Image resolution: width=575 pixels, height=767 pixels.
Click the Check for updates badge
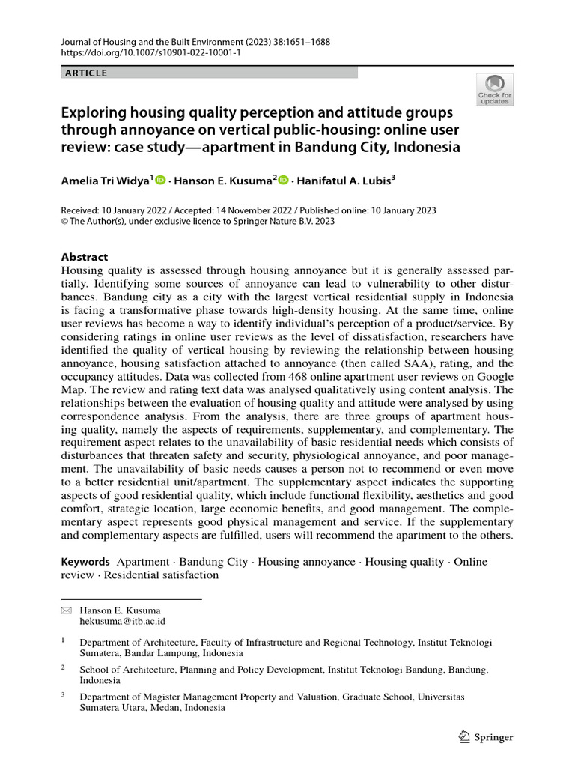click(495, 90)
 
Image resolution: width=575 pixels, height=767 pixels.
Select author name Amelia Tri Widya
click(105, 180)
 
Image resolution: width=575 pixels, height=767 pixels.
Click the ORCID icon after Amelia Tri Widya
click(160, 180)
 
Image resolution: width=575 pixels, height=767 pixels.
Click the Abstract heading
click(84, 256)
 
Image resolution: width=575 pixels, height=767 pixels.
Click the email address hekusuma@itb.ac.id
click(122, 621)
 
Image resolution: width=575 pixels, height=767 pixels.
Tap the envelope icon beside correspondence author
click(65, 610)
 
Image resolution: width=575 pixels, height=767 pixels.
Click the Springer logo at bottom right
click(486, 737)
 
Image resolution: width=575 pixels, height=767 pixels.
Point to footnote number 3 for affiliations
click(64, 695)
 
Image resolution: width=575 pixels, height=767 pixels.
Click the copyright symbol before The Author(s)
click(64, 222)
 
